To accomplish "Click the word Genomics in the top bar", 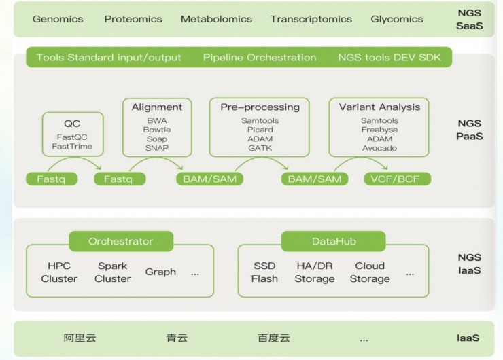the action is click(58, 19).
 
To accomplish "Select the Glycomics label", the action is click(397, 19).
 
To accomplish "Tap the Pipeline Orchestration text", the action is click(260, 57).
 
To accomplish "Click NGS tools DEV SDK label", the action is click(389, 57).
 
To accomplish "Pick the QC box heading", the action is click(72, 124).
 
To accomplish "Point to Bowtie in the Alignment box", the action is click(157, 130).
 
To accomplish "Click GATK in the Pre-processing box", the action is click(260, 148).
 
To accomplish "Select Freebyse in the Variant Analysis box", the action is click(379, 130).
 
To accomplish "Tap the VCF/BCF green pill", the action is click(398, 179).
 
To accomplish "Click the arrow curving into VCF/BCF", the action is click(362, 158).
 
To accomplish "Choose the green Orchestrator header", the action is click(121, 241).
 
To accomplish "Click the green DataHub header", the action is click(333, 241).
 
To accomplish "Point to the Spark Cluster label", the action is click(113, 272).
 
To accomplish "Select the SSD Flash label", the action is click(264, 272).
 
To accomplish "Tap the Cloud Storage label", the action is click(370, 272).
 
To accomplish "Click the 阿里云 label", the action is click(80, 338).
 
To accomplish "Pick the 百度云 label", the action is click(274, 338).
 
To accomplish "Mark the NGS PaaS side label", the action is click(470, 130).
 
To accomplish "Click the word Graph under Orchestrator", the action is click(160, 272).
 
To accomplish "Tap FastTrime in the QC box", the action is click(72, 147).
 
